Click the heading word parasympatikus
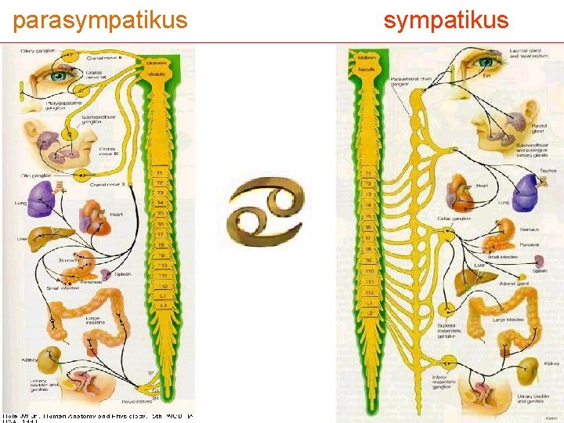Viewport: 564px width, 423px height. [100, 20]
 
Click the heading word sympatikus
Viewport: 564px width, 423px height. [446, 20]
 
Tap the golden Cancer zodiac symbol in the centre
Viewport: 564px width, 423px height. [265, 211]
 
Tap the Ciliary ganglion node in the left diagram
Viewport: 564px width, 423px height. [69, 56]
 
